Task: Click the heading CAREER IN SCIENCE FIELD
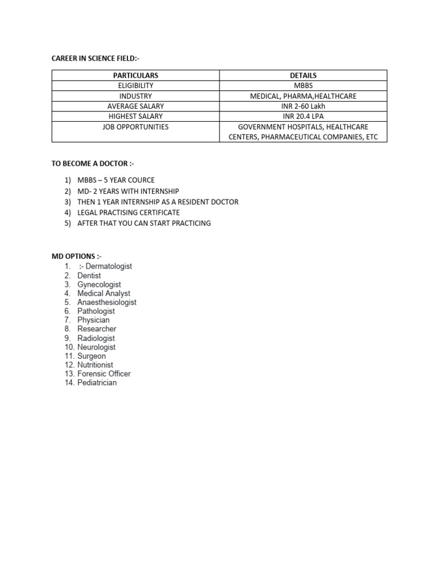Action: point(95,58)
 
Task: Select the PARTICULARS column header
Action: point(135,75)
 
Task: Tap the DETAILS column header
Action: point(303,75)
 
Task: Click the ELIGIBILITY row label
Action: point(135,86)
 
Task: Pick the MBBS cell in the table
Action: point(303,86)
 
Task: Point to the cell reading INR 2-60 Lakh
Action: point(303,106)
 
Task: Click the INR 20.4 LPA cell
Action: point(303,117)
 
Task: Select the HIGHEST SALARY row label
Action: point(135,117)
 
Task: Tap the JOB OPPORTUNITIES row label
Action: point(135,127)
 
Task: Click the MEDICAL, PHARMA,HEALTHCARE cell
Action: point(303,96)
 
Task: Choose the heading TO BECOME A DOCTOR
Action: point(93,163)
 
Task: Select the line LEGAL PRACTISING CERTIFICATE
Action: point(129,213)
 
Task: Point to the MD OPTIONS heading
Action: point(77,257)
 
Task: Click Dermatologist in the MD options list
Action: point(109,266)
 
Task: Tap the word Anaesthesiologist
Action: point(107,302)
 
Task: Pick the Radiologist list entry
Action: point(96,338)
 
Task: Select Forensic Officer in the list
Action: point(104,374)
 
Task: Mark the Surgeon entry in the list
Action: point(91,356)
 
